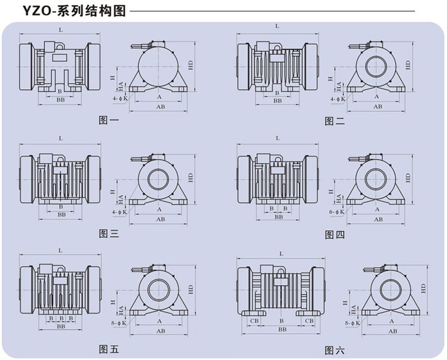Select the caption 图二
click(x=335, y=121)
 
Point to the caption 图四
click(x=335, y=234)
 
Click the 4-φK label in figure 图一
click(x=120, y=98)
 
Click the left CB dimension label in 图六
click(x=254, y=320)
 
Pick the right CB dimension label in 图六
click(x=309, y=320)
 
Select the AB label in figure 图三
click(x=161, y=219)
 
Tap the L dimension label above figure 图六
click(x=281, y=253)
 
